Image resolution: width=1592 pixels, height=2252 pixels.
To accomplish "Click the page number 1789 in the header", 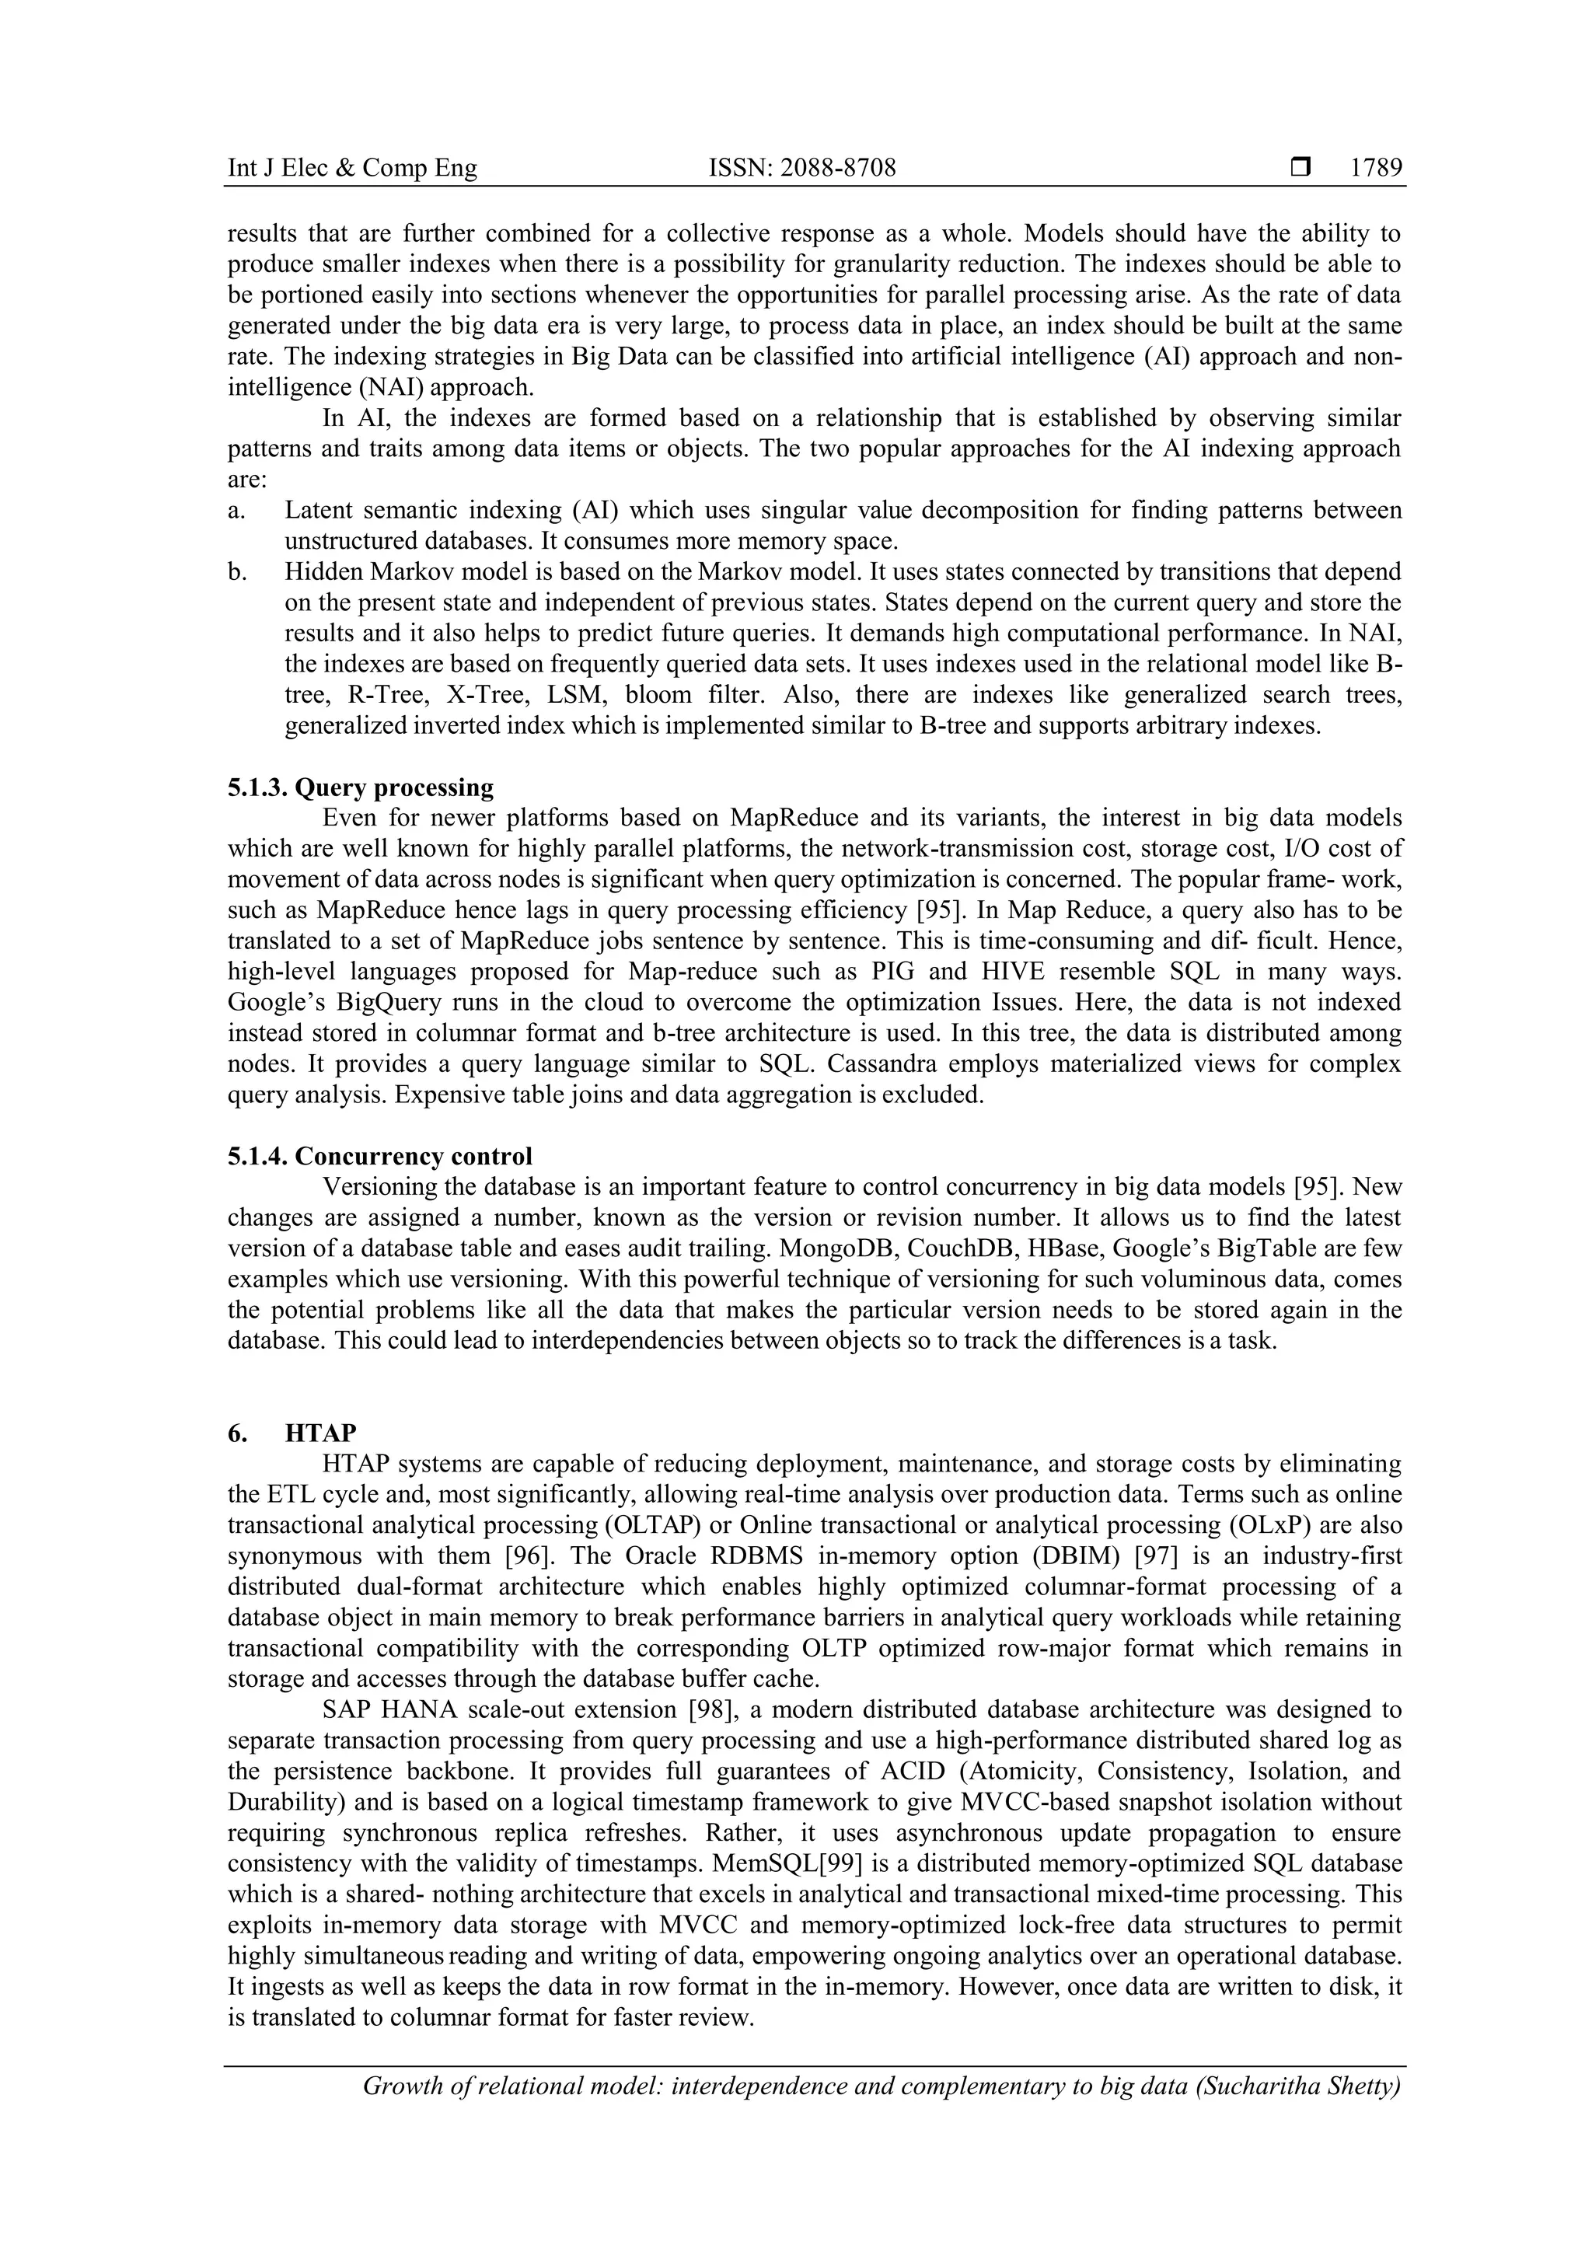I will [x=1375, y=169].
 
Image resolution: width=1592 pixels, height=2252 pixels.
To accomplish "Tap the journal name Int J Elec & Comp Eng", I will [x=352, y=169].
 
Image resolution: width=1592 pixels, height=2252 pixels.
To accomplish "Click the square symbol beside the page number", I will [x=1300, y=169].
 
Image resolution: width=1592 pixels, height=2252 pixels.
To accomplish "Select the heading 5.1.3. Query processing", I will [x=360, y=787].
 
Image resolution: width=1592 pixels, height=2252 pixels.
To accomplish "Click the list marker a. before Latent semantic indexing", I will [x=236, y=510].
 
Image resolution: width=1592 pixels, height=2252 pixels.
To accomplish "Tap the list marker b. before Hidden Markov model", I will [x=236, y=572].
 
